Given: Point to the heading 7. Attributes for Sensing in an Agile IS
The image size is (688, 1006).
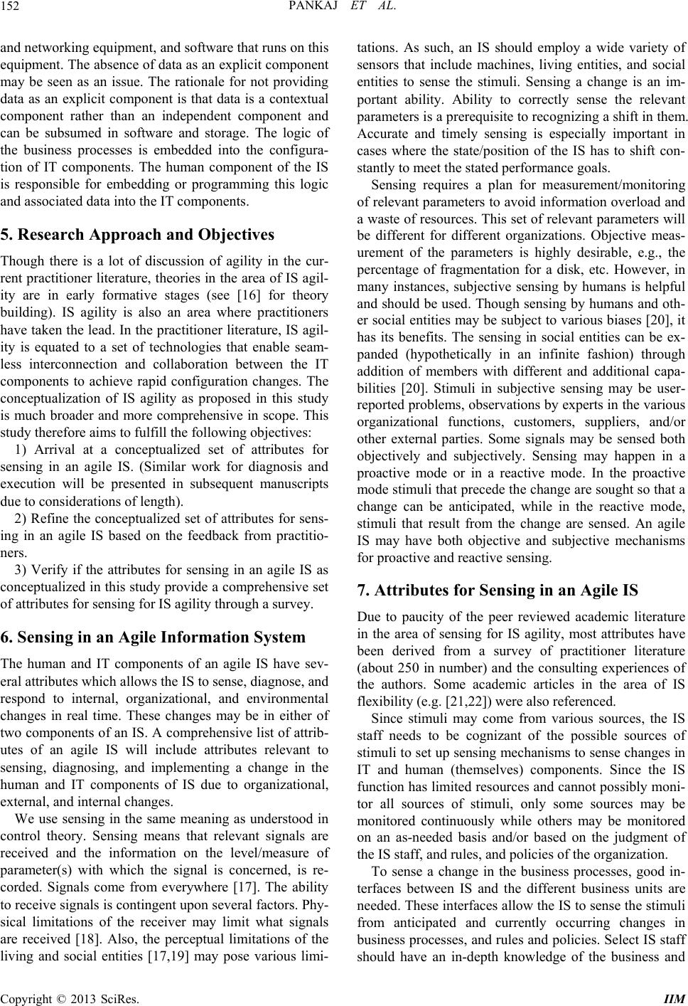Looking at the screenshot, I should [505, 590].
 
